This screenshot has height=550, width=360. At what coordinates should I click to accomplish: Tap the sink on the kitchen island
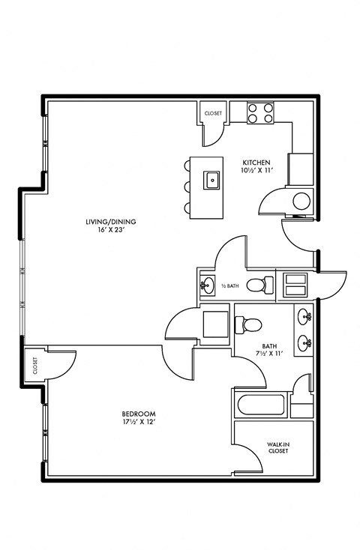[x=212, y=179]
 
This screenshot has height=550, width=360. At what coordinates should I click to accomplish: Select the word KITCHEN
[x=256, y=163]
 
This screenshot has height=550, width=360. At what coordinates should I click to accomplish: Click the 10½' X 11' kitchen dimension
[x=256, y=171]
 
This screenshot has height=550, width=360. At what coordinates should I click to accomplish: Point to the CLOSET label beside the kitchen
[x=213, y=113]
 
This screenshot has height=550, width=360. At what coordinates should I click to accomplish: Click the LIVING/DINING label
[x=105, y=222]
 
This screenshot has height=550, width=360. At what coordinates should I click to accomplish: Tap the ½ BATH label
[x=231, y=285]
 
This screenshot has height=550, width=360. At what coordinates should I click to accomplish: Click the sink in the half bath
[x=208, y=285]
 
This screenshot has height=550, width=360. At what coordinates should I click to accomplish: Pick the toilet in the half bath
[x=258, y=285]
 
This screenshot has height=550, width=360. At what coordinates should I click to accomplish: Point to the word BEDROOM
[x=139, y=414]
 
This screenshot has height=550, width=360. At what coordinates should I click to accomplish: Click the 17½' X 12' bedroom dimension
[x=139, y=423]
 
